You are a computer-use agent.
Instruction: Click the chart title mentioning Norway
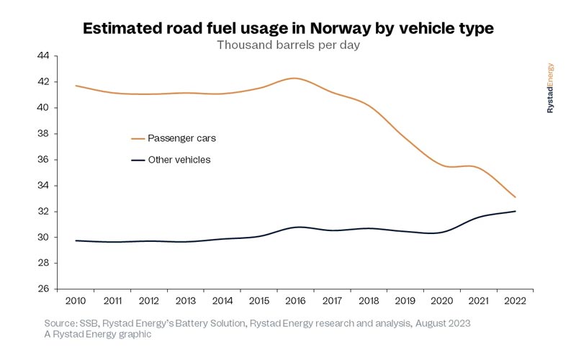[x=288, y=29]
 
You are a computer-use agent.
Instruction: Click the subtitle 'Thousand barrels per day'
[x=288, y=45]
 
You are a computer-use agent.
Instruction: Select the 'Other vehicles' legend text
[x=179, y=160]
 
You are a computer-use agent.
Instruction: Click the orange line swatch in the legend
[x=138, y=138]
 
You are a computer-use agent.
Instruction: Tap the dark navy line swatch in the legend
[x=138, y=160]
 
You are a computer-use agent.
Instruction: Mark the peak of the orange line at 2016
[x=294, y=78]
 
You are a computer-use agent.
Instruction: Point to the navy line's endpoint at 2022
[x=516, y=211]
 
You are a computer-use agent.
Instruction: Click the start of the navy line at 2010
[x=76, y=240]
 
